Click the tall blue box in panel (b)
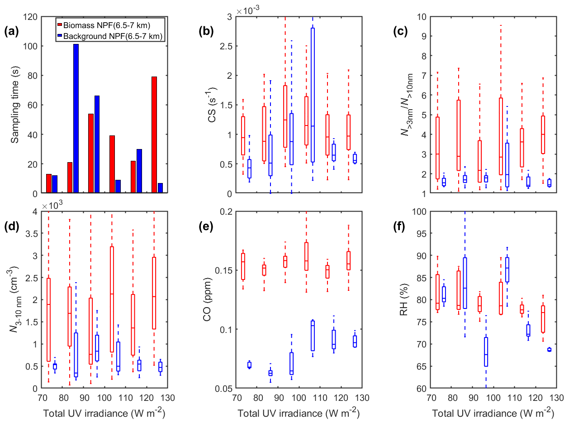click(313, 95)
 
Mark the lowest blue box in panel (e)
click(270, 373)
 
